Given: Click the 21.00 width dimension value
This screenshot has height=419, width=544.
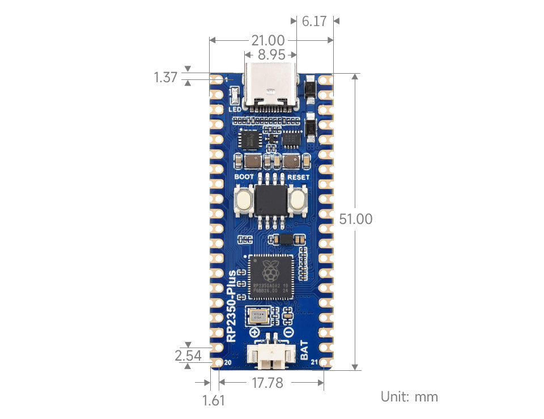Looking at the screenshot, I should pos(267,40).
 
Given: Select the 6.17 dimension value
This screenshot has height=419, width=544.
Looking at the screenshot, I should pos(314,22).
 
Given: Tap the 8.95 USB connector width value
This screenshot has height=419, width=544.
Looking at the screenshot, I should pos(271,55).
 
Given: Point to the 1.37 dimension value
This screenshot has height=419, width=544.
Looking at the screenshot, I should pos(166,77).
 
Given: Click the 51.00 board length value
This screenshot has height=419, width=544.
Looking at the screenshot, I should pos(355,219).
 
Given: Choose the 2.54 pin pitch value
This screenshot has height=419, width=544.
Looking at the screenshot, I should pos(188,355).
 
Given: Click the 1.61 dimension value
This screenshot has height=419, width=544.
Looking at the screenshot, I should pos(214,400).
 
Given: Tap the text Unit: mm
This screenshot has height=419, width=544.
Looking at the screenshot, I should pos(409,396).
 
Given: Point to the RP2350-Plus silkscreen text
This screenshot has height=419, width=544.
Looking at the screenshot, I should pos(232,306).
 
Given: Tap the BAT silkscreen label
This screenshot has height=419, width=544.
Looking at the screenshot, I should pos(305,350).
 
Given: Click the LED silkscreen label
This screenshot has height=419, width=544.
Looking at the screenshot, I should pos(235,109).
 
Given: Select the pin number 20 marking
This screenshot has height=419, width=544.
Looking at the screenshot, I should pos(228,362).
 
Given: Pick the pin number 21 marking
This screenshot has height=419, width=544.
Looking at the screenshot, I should pos(315,362).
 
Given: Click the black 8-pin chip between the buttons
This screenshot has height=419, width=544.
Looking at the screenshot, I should pos(271,200).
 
